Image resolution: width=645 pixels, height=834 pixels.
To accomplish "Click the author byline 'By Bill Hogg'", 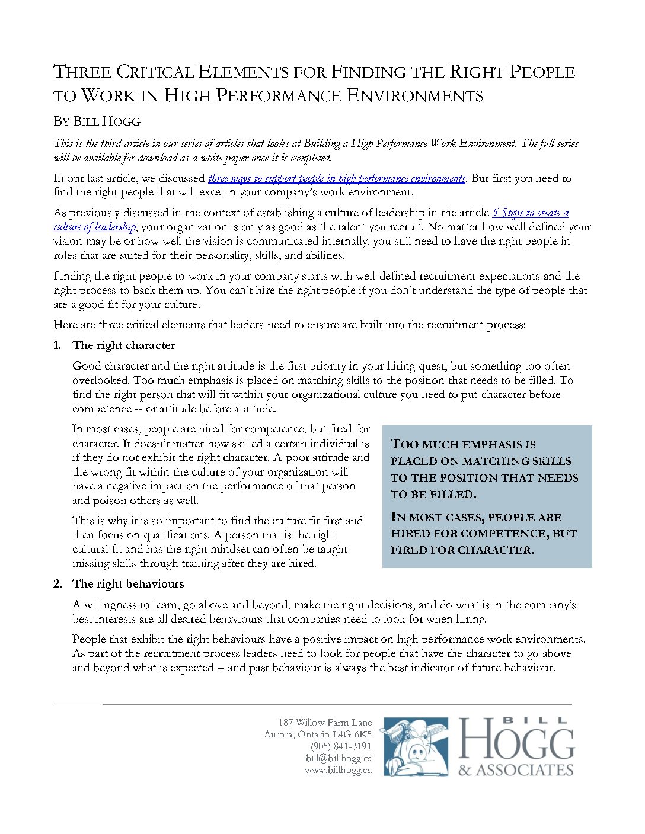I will (97, 121).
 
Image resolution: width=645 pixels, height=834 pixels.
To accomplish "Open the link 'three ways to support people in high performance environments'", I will (336, 178).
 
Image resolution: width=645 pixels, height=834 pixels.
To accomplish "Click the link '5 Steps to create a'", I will (530, 213).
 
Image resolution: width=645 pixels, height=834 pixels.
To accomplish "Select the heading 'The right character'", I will (123, 345).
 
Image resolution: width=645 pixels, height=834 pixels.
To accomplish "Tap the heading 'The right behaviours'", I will (128, 584).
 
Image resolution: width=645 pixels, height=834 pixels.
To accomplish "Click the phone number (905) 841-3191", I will (341, 746).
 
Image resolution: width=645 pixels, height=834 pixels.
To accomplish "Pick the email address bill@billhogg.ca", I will (339, 758).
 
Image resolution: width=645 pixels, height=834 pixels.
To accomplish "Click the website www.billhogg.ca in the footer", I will (338, 770).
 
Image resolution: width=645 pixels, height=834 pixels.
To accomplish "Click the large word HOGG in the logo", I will (516, 742).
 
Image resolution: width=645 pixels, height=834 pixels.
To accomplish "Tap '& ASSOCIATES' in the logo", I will (516, 770).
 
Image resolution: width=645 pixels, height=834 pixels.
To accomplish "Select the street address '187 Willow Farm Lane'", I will (325, 722).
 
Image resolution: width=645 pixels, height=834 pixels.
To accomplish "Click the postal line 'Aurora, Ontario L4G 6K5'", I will (318, 734).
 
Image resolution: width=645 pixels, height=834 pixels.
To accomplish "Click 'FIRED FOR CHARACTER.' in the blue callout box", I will (462, 550).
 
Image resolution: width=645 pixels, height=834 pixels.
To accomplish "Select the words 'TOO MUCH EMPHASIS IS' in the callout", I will (463, 444).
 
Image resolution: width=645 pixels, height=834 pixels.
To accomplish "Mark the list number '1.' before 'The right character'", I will (58, 345).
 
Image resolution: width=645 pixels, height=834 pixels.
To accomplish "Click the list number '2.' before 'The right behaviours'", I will (58, 584).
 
